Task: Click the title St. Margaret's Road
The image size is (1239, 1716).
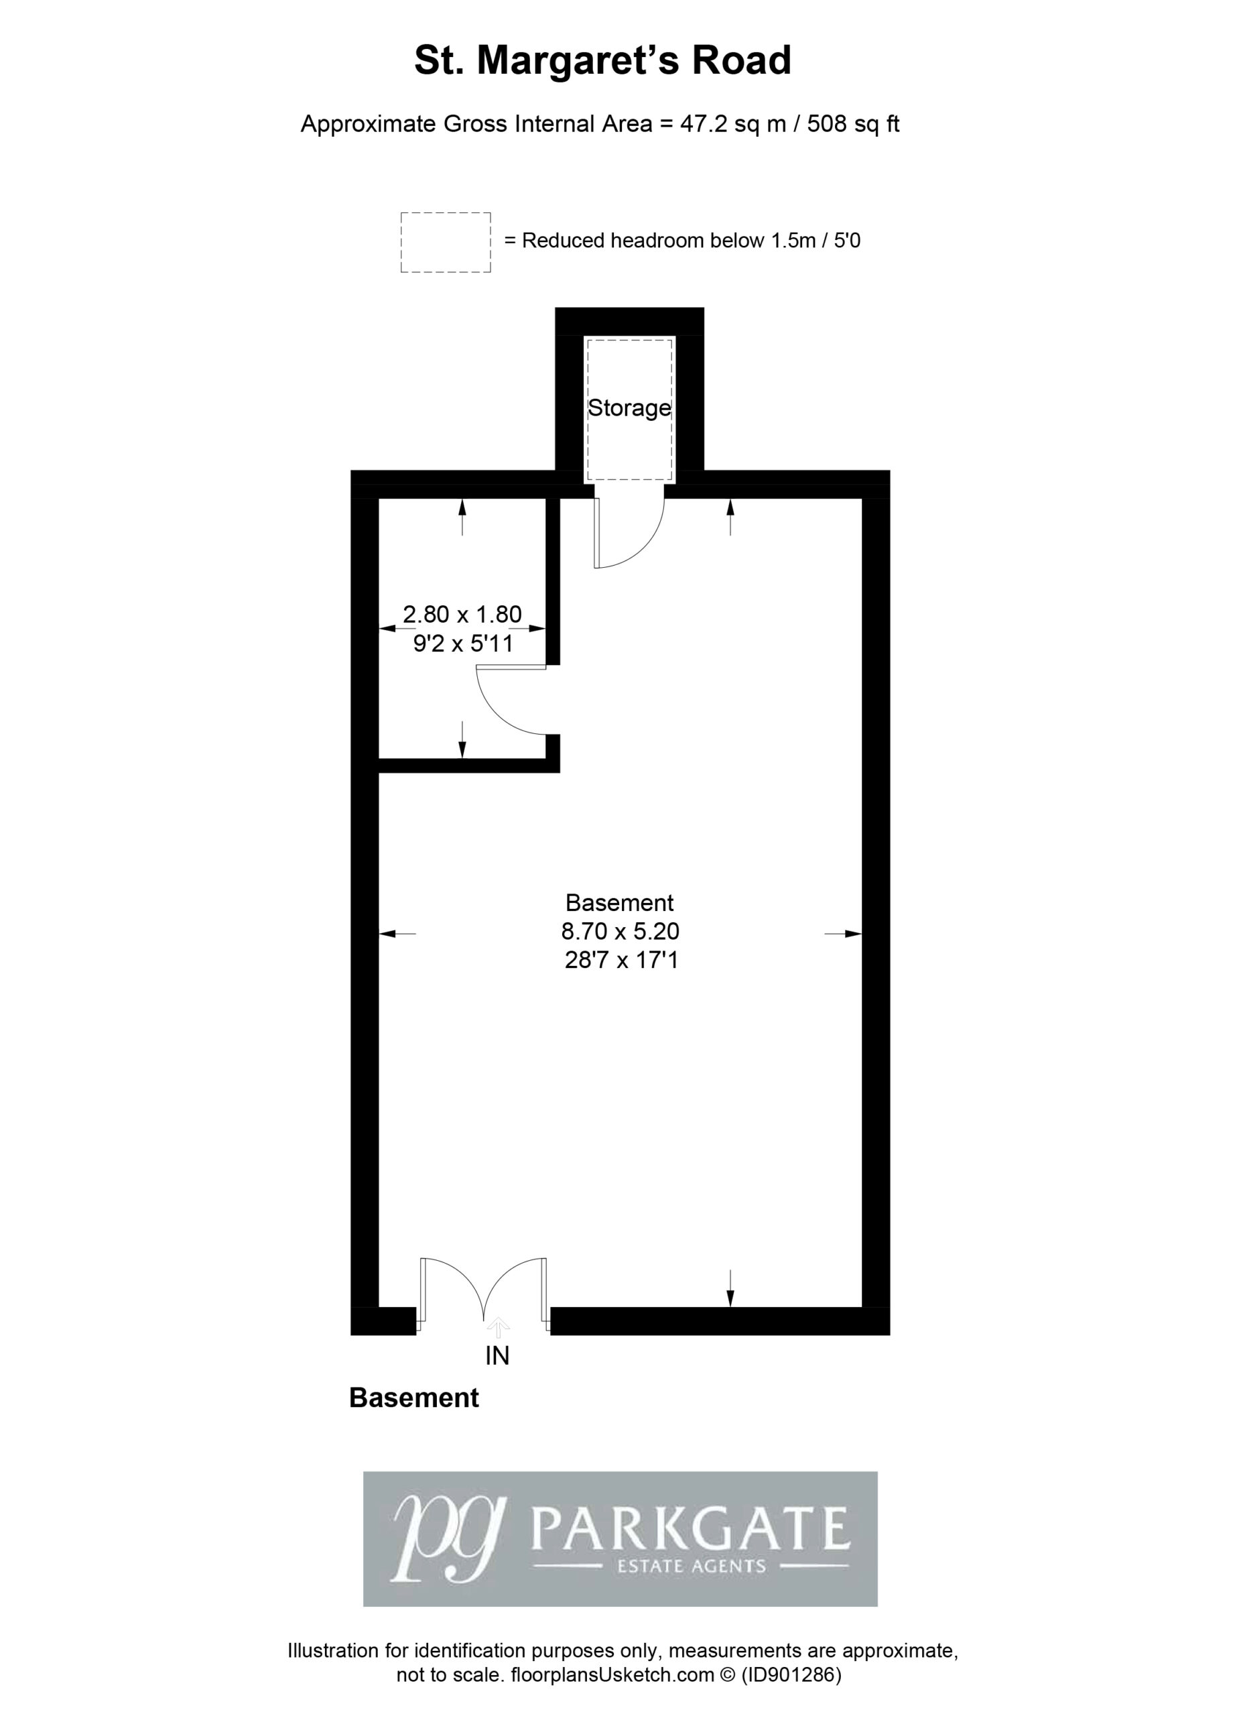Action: (603, 60)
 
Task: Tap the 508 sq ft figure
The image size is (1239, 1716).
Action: (853, 123)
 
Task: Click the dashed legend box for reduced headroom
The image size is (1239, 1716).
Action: (446, 242)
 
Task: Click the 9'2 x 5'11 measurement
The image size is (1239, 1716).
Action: (463, 644)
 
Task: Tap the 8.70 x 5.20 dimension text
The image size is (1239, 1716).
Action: (621, 930)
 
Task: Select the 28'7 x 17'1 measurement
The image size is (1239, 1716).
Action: (621, 960)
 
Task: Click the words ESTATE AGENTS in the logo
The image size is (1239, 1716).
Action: (692, 1567)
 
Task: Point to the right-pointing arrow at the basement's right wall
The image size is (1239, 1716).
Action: (843, 934)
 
